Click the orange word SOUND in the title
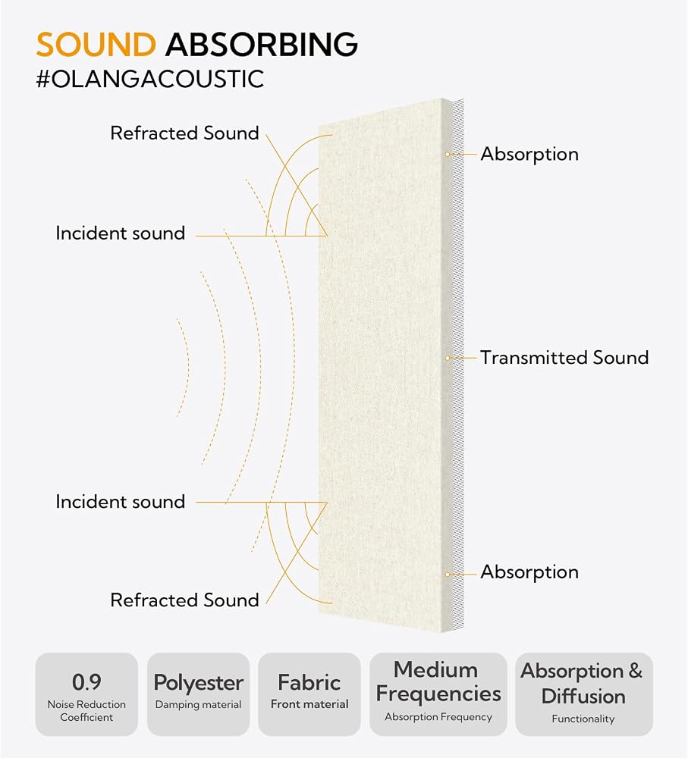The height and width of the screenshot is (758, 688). point(96,45)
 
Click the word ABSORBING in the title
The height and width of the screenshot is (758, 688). point(261,45)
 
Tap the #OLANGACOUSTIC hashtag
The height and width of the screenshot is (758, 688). point(150,80)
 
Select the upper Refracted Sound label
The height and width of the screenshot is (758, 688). point(184,133)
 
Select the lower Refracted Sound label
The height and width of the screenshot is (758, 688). point(184,600)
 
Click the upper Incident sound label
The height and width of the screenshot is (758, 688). point(121,233)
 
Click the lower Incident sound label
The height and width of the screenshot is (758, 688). point(121,502)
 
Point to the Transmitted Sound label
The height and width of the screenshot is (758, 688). point(564,358)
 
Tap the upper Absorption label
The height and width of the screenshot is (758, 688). point(529,155)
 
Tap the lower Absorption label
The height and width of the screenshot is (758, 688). point(529,572)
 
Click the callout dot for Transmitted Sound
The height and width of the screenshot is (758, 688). point(448,359)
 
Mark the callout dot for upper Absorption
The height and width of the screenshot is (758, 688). point(448,154)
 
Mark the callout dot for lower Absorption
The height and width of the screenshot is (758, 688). point(448,575)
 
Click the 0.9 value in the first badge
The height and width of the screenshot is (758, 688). point(86,682)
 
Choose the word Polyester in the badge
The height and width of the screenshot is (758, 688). point(199,683)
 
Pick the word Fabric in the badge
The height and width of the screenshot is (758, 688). point(309,683)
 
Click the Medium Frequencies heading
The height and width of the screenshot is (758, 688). point(438,681)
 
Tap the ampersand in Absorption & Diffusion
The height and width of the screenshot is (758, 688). point(635,671)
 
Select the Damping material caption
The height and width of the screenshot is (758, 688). point(199,705)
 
